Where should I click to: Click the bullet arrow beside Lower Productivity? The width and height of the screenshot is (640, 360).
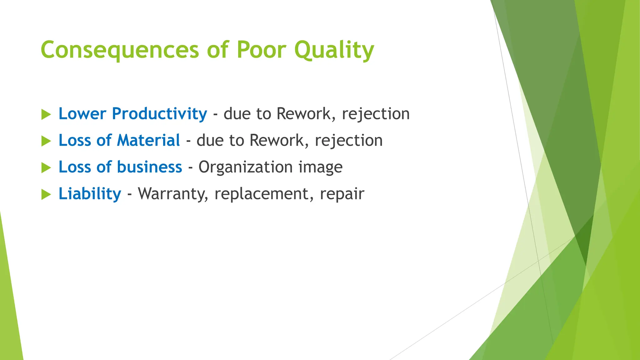(46, 114)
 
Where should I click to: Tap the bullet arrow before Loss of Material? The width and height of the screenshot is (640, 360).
(46, 141)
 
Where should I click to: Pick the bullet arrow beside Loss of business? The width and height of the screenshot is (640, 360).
(46, 168)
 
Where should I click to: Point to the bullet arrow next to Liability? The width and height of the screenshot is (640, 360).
(46, 195)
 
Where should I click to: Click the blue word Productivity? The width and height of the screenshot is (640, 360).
(159, 114)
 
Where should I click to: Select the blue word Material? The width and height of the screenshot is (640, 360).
(148, 140)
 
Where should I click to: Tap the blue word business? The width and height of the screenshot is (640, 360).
(149, 167)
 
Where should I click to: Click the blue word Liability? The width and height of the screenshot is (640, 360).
(90, 194)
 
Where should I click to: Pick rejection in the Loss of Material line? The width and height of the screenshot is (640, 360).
(349, 141)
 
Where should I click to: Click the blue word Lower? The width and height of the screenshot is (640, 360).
(82, 114)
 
